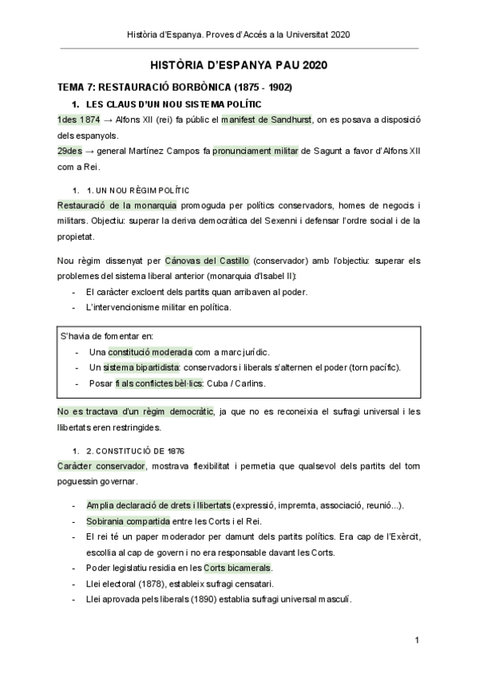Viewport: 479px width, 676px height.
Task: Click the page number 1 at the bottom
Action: click(418, 640)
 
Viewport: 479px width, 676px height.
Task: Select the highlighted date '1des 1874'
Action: click(78, 120)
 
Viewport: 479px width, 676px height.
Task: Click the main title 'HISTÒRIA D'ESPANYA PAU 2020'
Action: click(239, 65)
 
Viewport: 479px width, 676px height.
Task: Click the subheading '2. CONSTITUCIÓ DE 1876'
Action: click(133, 450)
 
